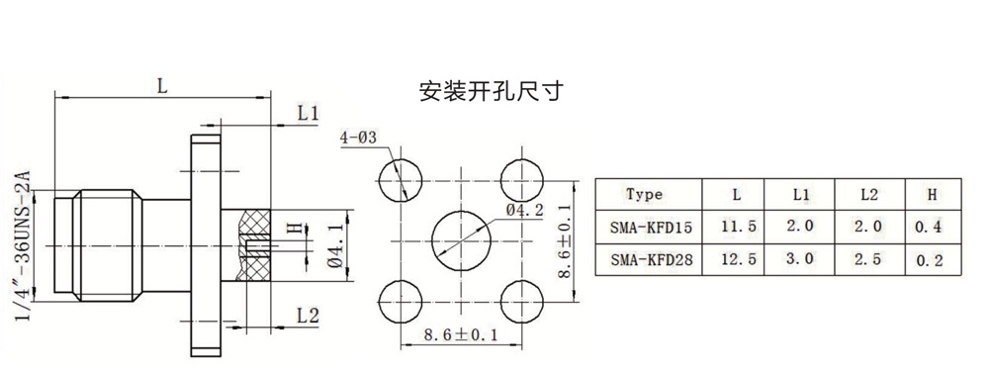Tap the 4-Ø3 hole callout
tap(358, 138)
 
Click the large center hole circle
tap(462, 240)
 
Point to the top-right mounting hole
tap(521, 180)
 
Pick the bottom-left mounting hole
tap(402, 300)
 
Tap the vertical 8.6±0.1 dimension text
tap(565, 240)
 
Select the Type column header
tap(645, 194)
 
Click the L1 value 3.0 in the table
tap(801, 259)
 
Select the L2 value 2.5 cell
tap(868, 259)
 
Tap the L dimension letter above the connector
tap(162, 86)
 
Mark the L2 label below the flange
tap(308, 316)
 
